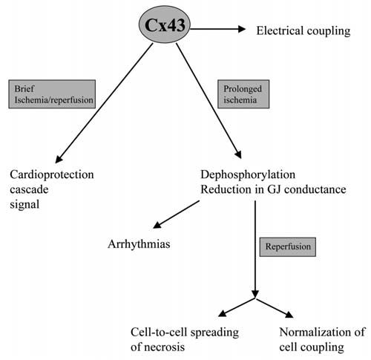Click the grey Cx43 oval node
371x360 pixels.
[x=165, y=24]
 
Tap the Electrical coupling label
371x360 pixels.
[x=303, y=31]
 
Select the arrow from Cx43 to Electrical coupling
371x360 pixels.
[x=218, y=29]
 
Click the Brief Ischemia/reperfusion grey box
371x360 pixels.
[x=52, y=94]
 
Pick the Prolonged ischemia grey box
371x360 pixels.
[x=243, y=94]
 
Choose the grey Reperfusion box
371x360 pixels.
[x=288, y=247]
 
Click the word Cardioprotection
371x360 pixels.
[x=52, y=175]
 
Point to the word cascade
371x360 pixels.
[x=29, y=190]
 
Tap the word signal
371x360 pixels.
[x=24, y=205]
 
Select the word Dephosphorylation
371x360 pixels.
[x=248, y=175]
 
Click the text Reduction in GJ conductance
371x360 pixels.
[x=273, y=190]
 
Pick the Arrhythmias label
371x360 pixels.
[x=139, y=245]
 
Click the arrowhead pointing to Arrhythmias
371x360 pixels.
[x=158, y=225]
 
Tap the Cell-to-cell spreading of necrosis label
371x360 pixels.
[x=185, y=339]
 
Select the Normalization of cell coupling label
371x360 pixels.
[x=322, y=339]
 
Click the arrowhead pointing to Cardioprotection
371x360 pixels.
[x=59, y=159]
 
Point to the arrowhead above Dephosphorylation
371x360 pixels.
[x=238, y=154]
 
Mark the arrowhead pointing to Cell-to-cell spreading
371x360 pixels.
[x=223, y=313]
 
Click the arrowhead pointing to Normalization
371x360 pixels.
[x=289, y=314]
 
